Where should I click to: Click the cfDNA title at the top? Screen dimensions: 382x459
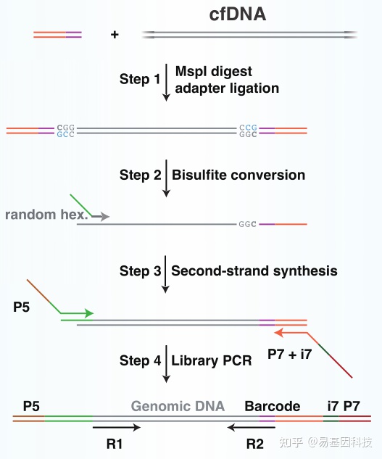(x=238, y=15)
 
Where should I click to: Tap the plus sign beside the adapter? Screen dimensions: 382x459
(x=115, y=35)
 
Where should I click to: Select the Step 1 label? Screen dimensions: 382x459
(x=140, y=79)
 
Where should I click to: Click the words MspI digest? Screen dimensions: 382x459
(x=213, y=71)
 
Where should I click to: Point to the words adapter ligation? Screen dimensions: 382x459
(x=227, y=88)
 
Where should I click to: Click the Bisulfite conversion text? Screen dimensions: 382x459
(x=238, y=175)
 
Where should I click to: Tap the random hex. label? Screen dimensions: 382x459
(x=46, y=215)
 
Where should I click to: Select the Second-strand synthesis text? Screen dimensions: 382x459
(x=254, y=270)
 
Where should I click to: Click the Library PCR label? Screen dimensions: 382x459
(x=212, y=360)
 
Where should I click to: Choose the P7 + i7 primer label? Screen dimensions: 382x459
(x=289, y=354)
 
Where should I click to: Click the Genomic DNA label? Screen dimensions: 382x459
(x=178, y=406)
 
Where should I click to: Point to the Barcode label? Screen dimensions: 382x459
(x=273, y=406)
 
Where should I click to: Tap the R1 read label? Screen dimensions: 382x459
(x=114, y=444)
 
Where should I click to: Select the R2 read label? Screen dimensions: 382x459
(x=254, y=444)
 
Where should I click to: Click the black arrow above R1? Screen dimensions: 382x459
(x=117, y=427)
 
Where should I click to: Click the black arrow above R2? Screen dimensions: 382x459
(x=251, y=427)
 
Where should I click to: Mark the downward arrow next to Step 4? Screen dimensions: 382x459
(x=166, y=364)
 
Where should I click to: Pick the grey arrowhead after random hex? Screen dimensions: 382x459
(x=105, y=217)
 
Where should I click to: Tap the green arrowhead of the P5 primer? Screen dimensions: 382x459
(x=89, y=313)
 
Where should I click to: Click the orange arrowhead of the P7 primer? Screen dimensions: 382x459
(x=278, y=333)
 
